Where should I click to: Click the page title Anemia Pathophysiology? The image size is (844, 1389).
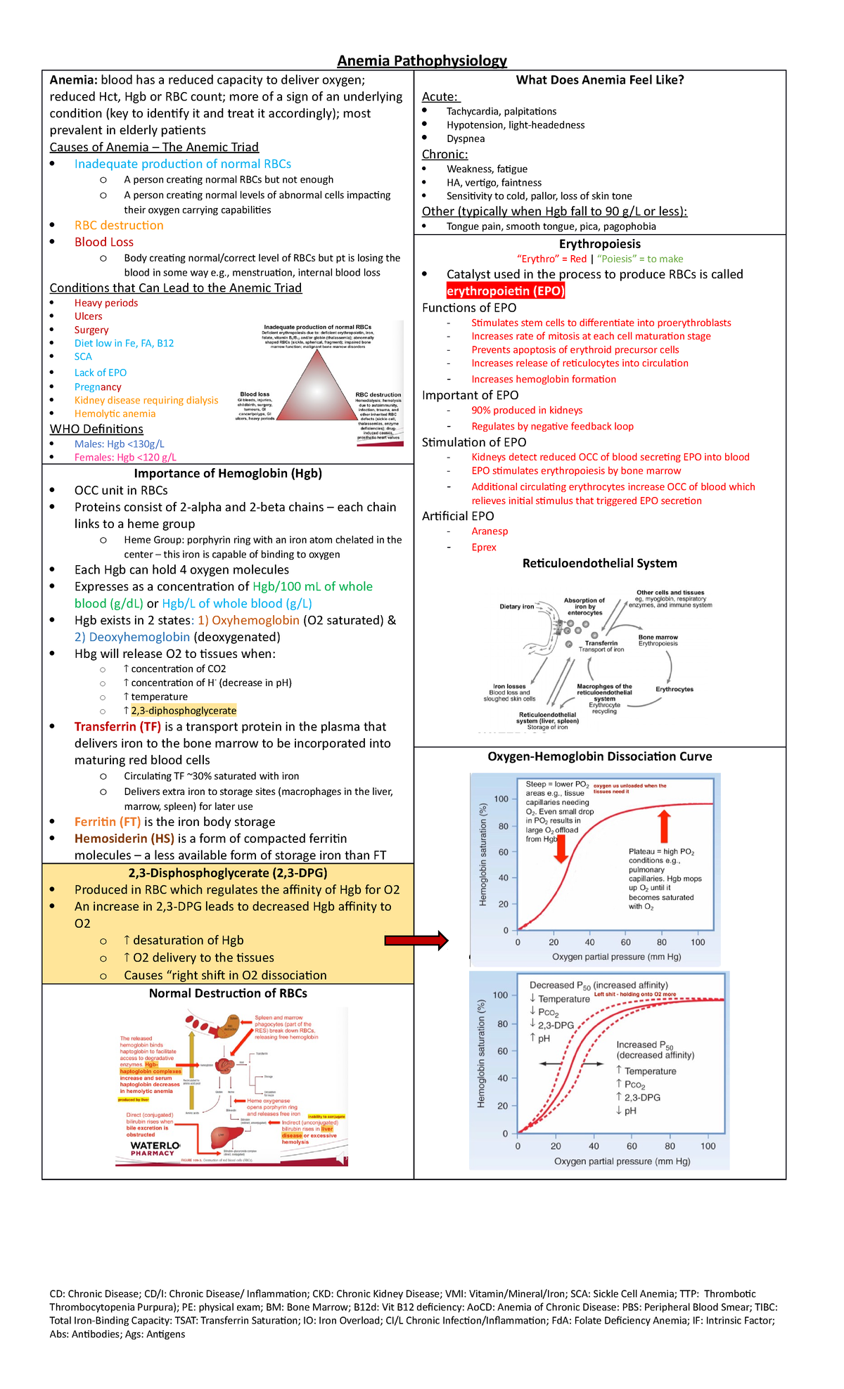click(x=422, y=61)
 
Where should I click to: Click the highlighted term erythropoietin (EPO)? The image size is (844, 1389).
click(x=505, y=291)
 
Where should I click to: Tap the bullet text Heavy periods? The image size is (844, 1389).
click(x=106, y=303)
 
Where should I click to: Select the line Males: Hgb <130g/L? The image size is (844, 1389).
click(x=119, y=444)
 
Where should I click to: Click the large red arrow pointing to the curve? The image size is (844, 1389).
click(x=416, y=941)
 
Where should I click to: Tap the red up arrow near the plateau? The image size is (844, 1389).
click(x=663, y=827)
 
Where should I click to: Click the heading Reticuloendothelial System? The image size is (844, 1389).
click(x=599, y=563)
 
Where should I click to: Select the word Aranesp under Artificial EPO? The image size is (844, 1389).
click(x=490, y=531)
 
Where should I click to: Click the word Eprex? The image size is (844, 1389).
click(x=484, y=548)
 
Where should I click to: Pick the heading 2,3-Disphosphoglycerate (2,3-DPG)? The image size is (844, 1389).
click(x=227, y=873)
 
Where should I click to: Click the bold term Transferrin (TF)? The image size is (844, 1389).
click(x=117, y=727)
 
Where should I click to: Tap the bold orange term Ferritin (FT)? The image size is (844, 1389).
click(x=108, y=822)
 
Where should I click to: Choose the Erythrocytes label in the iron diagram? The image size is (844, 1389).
click(x=674, y=689)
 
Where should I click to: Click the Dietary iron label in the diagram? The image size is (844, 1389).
click(x=517, y=607)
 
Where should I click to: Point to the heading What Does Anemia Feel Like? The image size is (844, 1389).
click(x=599, y=80)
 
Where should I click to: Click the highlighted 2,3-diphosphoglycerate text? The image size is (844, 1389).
click(x=184, y=711)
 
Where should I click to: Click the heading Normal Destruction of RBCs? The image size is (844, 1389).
click(x=228, y=993)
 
